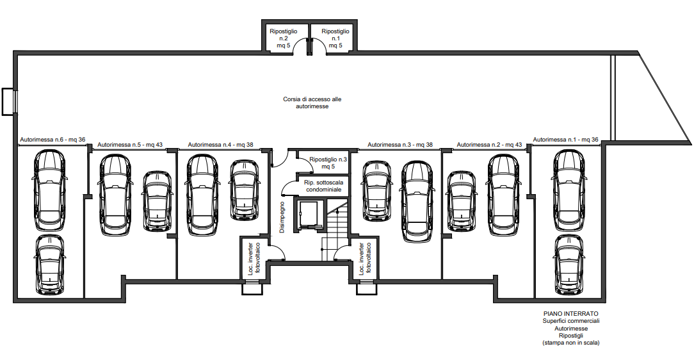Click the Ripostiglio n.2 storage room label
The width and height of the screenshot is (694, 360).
(284, 38)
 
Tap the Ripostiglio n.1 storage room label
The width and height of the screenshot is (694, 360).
(335, 38)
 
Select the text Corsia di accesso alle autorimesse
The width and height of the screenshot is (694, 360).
(312, 102)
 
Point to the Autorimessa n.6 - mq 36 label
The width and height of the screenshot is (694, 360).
(52, 140)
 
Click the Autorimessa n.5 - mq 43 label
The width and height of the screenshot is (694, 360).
(130, 144)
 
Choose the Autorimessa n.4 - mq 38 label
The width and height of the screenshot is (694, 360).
(220, 144)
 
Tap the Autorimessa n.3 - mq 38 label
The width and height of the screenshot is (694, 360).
(400, 144)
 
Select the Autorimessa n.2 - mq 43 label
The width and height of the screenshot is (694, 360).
(489, 144)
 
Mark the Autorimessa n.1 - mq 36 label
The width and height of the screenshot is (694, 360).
(566, 140)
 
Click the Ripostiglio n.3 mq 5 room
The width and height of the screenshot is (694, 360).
(328, 163)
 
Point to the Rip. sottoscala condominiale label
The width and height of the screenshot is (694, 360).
(323, 186)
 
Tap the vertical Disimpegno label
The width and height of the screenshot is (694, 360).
(282, 217)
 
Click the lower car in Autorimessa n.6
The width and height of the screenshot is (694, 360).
(49, 265)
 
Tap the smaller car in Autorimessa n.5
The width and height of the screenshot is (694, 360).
(157, 202)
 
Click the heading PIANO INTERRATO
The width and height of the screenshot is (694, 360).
(571, 313)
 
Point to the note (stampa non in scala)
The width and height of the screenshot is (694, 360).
(571, 343)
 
